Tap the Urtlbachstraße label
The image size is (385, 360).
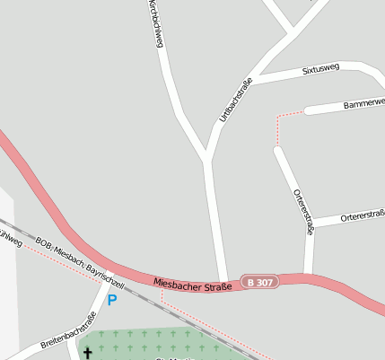pyautogui.click(x=236, y=101)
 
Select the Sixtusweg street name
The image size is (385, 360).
pyautogui.click(x=320, y=68)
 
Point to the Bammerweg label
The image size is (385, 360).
pyautogui.click(x=363, y=104)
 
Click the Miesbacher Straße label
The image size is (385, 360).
pyautogui.click(x=193, y=284)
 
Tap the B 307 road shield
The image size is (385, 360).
pyautogui.click(x=260, y=283)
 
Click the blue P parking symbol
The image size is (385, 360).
pyautogui.click(x=112, y=300)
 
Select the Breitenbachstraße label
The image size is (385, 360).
pyautogui.click(x=68, y=331)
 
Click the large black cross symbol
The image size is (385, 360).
pyautogui.click(x=88, y=353)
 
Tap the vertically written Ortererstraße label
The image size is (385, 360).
pyautogui.click(x=303, y=212)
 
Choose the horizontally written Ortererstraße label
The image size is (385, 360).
pyautogui.click(x=361, y=216)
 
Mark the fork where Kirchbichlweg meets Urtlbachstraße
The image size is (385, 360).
pyautogui.click(x=207, y=160)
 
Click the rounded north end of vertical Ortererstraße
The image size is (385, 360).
pyautogui.click(x=278, y=150)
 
